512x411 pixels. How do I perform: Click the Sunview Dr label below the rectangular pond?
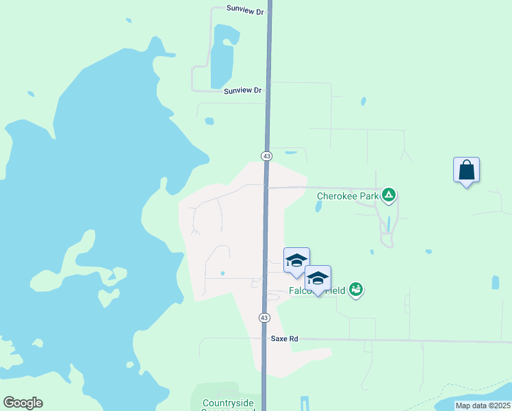tap(242, 90)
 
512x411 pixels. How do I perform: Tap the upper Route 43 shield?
tap(267, 156)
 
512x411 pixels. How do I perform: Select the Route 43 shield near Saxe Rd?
tap(264, 318)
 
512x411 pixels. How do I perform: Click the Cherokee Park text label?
tap(348, 196)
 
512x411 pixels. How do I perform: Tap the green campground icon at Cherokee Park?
tap(389, 195)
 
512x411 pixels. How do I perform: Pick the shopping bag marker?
tap(466, 170)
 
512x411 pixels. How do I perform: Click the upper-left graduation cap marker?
tap(296, 260)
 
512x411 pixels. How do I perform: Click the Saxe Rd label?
tap(285, 339)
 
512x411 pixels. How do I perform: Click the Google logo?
tap(23, 403)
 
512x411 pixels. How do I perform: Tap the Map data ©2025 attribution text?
tap(483, 406)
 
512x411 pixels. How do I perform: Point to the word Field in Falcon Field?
tap(335, 291)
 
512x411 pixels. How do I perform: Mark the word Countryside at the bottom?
tap(229, 403)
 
